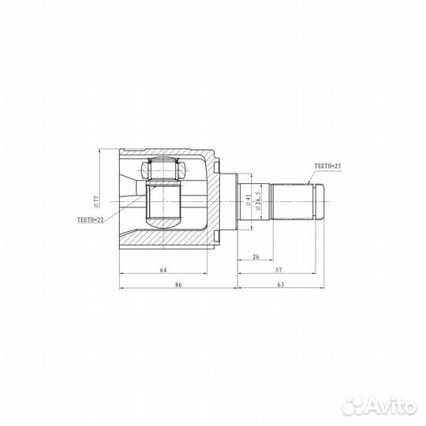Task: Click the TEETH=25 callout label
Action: coord(327,166)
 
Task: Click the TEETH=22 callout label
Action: coord(91,220)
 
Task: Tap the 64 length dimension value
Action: coord(163,270)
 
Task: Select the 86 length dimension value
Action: coord(178,285)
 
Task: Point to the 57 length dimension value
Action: coord(278,270)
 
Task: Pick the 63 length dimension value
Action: coord(281,285)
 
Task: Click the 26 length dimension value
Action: coord(256,256)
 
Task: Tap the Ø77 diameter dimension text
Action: coord(97,202)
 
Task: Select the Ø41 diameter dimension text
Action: coord(248,200)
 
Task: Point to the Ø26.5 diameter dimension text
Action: coord(258,200)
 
